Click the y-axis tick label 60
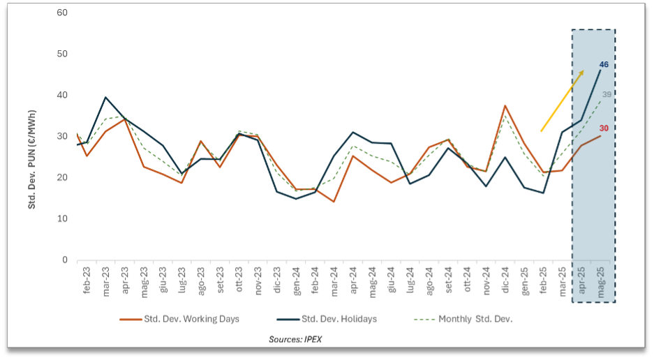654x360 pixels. [63, 13]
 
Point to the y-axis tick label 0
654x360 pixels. [65, 260]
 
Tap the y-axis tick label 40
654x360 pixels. [63, 96]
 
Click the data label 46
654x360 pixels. [604, 65]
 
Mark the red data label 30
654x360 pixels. [604, 128]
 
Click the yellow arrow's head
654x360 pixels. [583, 72]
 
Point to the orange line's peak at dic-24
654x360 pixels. [504, 106]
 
